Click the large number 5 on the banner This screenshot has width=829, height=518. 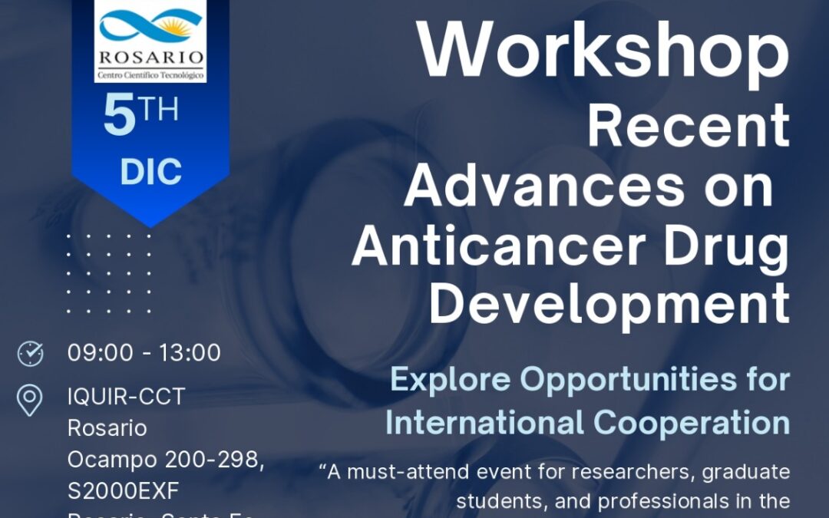(x=120, y=118)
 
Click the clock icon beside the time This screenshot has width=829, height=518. (x=31, y=354)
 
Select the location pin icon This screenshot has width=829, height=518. (x=30, y=401)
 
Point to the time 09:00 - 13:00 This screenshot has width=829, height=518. (x=144, y=353)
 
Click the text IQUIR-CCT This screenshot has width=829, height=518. (x=127, y=398)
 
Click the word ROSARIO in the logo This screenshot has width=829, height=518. (x=150, y=58)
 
